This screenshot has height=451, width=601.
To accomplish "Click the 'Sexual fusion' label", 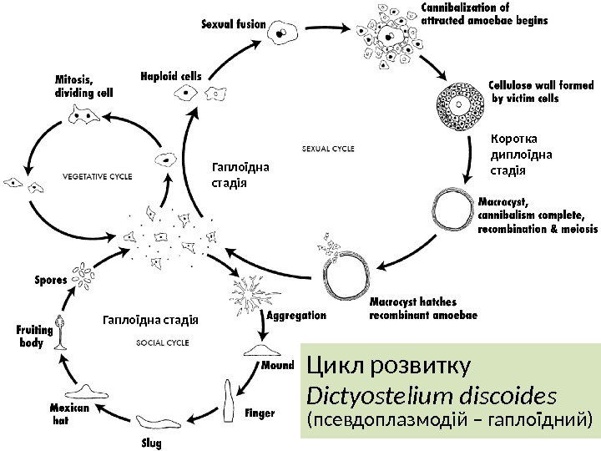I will [234, 24].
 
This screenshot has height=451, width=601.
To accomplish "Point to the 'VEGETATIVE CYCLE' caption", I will [98, 176].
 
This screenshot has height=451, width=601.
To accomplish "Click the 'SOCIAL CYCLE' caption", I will [162, 342].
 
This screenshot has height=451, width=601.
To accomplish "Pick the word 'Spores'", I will [51, 280].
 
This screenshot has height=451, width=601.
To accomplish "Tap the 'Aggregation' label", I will [296, 317].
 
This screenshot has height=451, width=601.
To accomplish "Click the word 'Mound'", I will [278, 366].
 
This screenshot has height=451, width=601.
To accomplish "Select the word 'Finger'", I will [260, 413].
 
